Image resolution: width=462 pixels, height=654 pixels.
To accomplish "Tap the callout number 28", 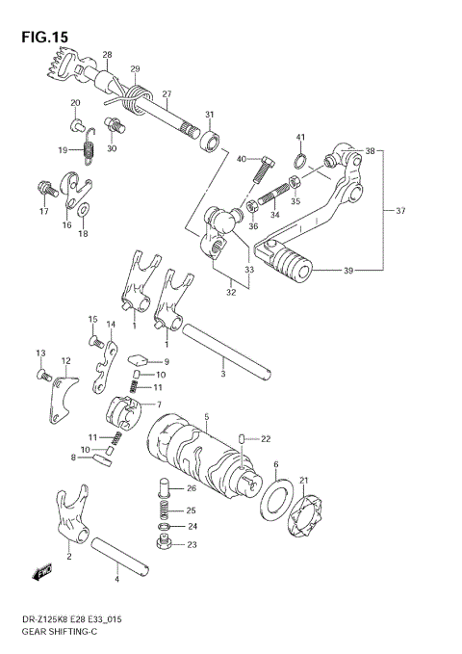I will (107, 55).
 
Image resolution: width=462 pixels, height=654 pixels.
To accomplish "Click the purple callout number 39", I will (348, 272).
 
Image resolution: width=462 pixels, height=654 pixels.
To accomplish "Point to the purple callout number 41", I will (300, 138).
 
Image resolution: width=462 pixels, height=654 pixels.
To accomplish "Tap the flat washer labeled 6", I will (277, 502).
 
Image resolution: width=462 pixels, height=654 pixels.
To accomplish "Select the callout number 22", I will (267, 438).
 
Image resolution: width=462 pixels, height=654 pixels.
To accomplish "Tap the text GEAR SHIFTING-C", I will (56, 635).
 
